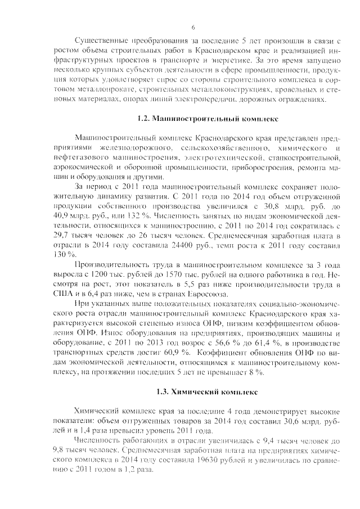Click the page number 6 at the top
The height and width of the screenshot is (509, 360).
pyautogui.click(x=193, y=27)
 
